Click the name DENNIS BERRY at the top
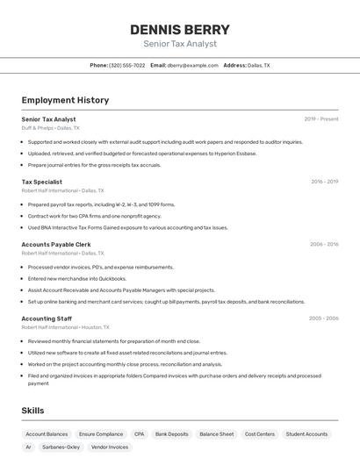179,29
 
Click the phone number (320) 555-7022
126,65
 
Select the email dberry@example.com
192,65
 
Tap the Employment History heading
65,100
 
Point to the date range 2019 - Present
320,118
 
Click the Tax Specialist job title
41,182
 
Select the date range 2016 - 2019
324,182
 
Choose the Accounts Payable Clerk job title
56,244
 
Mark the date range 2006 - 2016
324,244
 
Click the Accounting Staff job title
47,318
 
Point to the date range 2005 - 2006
324,318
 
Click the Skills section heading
32,411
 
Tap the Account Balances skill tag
47,433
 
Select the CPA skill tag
139,433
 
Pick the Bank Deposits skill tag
171,433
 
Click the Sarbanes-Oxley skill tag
61,447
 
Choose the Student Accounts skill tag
306,433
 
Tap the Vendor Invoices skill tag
110,447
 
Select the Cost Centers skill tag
260,433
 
